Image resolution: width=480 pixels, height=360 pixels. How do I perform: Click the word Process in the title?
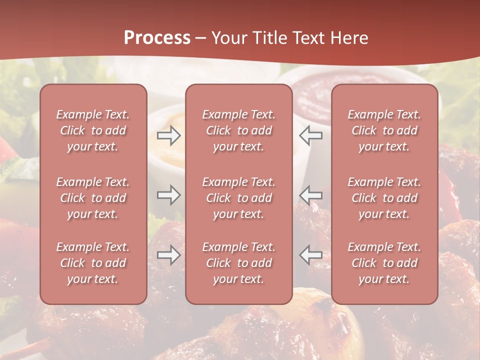[x=157, y=38]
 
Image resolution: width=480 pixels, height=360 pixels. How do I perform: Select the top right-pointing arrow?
[x=168, y=135]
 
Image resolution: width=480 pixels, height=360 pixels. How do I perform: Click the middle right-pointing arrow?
[x=168, y=195]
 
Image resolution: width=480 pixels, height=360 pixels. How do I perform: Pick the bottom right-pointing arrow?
[x=168, y=255]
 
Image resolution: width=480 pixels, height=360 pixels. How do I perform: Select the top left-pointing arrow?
[x=311, y=135]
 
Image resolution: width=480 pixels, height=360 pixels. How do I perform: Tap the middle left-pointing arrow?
[x=311, y=195]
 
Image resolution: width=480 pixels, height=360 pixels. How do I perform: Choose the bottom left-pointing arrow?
[x=311, y=255]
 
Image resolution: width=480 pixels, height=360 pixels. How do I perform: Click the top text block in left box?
[x=93, y=130]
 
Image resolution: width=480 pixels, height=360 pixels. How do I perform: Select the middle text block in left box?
[x=93, y=198]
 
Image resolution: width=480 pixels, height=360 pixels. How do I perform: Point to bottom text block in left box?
[x=93, y=263]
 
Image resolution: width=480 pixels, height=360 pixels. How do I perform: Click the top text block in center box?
[x=239, y=130]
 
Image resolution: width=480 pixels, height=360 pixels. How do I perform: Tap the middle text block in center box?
[x=239, y=198]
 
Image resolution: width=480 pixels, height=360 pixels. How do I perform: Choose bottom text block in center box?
[x=239, y=263]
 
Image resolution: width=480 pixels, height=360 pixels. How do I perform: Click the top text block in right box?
[x=384, y=130]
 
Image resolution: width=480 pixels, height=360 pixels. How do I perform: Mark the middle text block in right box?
[x=384, y=198]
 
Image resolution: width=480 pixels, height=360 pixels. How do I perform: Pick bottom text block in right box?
[x=384, y=263]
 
